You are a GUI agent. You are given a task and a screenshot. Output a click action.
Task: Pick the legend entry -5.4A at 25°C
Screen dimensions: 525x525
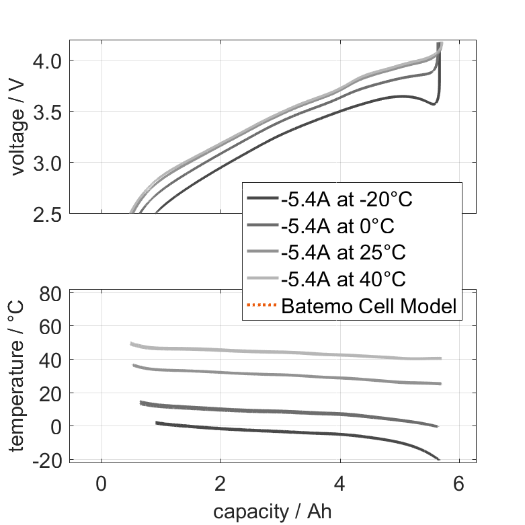pos(344,252)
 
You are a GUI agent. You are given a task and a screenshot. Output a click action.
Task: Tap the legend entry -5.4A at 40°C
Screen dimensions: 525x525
pos(344,279)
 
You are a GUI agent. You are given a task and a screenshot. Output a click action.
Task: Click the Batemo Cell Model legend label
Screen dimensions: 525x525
pos(369,307)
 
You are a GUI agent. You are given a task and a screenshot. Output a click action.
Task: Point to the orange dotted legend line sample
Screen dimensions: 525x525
pos(262,307)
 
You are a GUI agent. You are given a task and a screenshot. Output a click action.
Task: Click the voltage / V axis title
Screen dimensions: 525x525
pos(18,127)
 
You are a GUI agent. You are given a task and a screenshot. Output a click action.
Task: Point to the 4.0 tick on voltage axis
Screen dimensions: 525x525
pos(47,60)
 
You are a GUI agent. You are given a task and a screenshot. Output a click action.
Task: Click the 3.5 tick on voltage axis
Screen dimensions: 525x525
pos(47,112)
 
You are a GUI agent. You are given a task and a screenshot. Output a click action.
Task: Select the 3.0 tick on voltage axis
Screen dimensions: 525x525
pos(47,163)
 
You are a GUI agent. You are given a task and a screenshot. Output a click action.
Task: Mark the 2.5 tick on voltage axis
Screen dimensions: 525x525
pos(47,214)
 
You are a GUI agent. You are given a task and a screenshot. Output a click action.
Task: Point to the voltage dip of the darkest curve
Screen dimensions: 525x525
pos(433,104)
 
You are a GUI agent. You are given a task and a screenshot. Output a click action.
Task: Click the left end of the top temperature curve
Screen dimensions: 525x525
pos(132,344)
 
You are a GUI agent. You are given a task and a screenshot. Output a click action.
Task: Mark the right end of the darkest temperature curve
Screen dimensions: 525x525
pos(438,459)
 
